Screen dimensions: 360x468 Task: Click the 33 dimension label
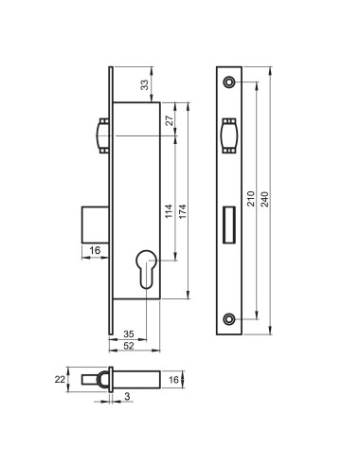coord(144,85)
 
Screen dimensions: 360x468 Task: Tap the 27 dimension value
coord(170,120)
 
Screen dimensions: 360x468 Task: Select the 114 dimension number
coord(170,211)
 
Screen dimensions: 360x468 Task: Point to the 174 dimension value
coord(183,211)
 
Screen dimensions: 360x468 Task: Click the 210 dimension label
coord(251,198)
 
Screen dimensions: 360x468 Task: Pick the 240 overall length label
coord(265,199)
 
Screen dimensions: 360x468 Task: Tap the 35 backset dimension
coord(129,333)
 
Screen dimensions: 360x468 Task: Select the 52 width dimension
coord(129,346)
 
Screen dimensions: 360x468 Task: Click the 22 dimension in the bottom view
coord(60,379)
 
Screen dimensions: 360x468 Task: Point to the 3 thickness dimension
coord(127,396)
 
